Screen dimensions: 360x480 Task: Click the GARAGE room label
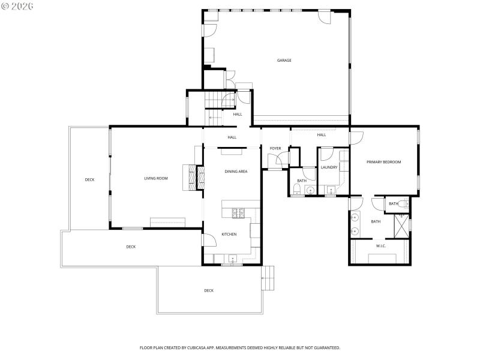(x=284, y=60)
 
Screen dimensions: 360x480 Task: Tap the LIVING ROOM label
(x=155, y=178)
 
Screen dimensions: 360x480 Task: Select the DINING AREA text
(x=236, y=172)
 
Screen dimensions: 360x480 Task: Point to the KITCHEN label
(x=229, y=234)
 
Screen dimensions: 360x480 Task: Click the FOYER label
(x=275, y=148)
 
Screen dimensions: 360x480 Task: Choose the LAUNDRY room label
(x=329, y=167)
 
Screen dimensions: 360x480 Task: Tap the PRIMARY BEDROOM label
(x=383, y=162)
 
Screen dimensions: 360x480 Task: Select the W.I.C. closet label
(x=380, y=245)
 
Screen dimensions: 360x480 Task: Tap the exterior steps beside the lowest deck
(x=268, y=278)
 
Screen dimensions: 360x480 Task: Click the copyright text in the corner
(x=17, y=5)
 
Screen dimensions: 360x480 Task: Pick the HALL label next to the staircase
(x=238, y=114)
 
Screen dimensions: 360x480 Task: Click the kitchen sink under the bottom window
(x=232, y=259)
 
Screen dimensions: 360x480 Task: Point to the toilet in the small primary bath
(x=403, y=204)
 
